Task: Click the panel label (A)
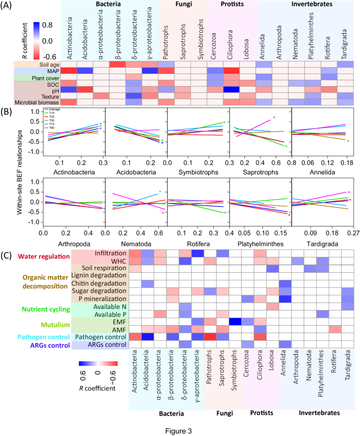(9, 7)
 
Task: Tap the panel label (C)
(9, 255)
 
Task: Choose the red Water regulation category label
(36, 257)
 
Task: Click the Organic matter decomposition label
(36, 284)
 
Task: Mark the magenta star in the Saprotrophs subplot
(274, 118)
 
